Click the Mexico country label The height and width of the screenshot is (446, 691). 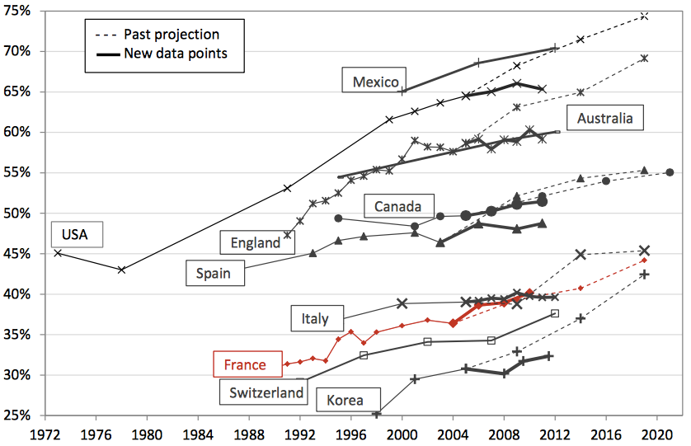tap(375, 81)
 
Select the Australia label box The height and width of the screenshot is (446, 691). tap(604, 119)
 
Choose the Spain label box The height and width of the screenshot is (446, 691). tap(214, 272)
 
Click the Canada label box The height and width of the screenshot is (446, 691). tap(398, 206)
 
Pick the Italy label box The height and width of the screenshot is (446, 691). tap(315, 318)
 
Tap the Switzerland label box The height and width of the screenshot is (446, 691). tap(266, 392)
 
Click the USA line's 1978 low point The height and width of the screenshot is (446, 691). tap(121, 270)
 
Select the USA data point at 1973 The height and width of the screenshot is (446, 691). tap(58, 252)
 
